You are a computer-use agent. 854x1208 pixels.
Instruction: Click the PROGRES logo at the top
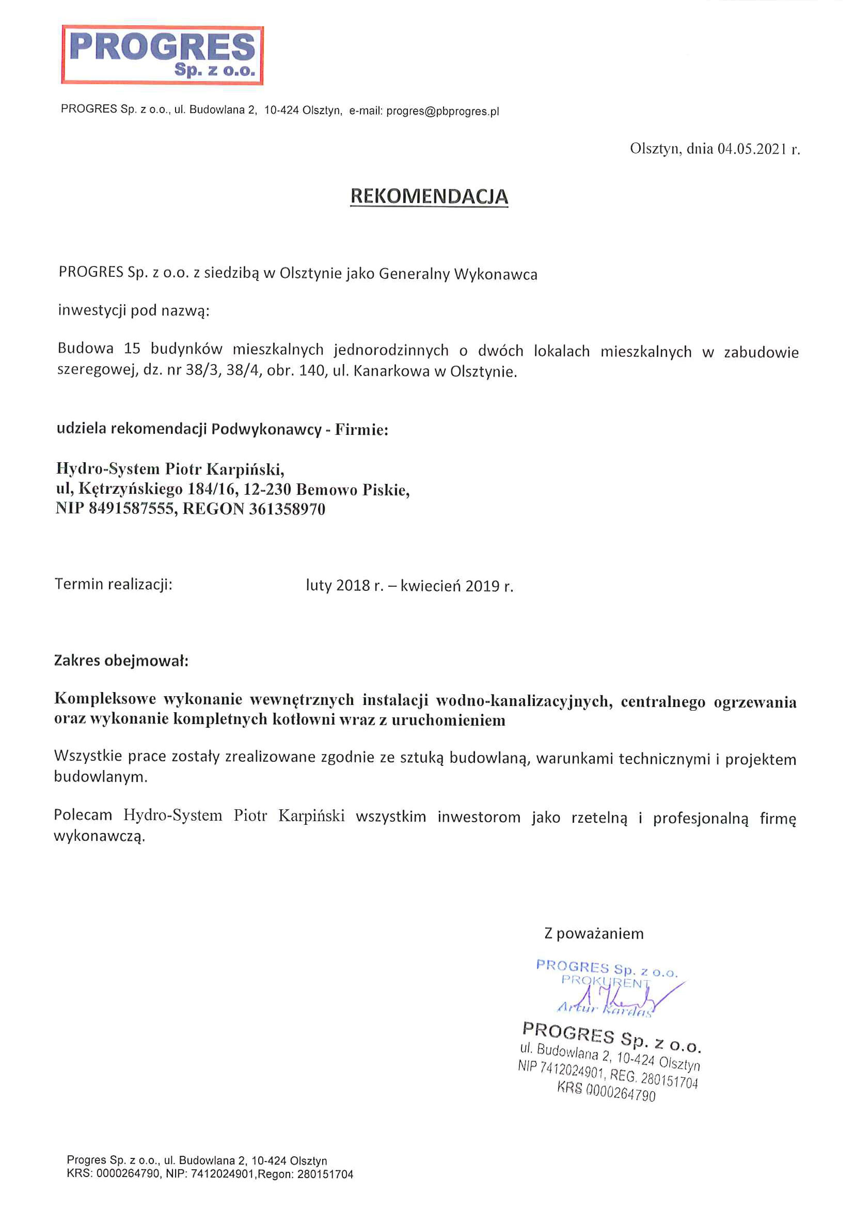click(x=163, y=55)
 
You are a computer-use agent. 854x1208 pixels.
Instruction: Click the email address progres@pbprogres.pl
click(x=442, y=112)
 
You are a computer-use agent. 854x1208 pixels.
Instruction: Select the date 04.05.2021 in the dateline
click(x=752, y=149)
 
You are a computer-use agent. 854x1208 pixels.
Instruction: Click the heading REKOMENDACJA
click(x=429, y=196)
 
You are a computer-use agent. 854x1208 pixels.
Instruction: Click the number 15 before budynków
click(x=132, y=349)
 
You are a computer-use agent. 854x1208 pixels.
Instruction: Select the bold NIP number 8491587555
click(x=133, y=509)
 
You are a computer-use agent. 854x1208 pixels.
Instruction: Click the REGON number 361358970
click(x=287, y=509)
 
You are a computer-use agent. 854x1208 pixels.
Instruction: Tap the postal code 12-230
click(x=267, y=489)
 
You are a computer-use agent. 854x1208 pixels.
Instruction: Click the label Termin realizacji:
click(x=114, y=585)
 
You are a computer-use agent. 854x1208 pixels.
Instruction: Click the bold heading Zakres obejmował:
click(x=121, y=661)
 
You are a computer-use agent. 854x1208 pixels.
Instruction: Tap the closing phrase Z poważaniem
click(x=594, y=934)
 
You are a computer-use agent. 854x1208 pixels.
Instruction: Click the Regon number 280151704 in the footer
click(x=325, y=1174)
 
